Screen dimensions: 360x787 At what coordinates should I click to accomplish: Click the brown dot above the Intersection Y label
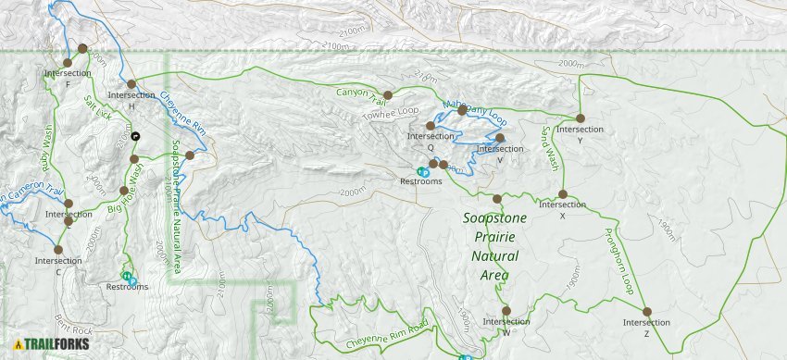(x=580, y=118)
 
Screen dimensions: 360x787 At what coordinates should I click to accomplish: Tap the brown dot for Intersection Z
(x=647, y=312)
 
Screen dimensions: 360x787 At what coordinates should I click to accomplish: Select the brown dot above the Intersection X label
(x=563, y=194)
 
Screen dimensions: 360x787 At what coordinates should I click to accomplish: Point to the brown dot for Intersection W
(x=506, y=311)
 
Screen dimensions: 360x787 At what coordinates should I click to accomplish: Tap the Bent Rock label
(x=73, y=323)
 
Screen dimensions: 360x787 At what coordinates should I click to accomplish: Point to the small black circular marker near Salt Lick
(x=136, y=136)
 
